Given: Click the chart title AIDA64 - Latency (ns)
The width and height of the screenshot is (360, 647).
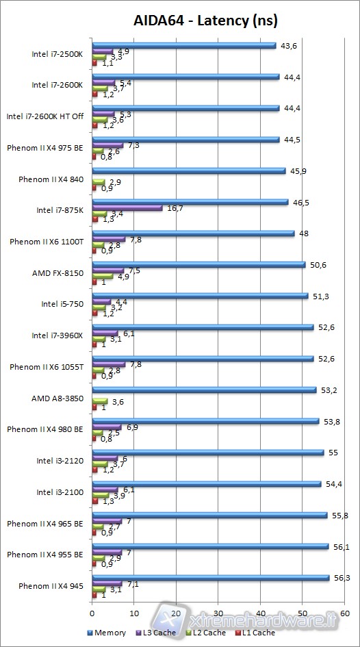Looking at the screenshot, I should [x=205, y=21].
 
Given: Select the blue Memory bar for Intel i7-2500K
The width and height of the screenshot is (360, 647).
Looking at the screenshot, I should [x=183, y=46].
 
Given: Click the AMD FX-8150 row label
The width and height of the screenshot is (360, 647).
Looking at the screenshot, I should [x=57, y=273].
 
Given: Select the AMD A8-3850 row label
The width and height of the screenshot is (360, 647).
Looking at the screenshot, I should [x=57, y=398].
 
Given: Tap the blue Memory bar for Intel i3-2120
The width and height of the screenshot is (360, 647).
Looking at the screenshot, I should [x=207, y=453].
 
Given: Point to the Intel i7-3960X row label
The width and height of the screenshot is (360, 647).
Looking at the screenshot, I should [x=57, y=335].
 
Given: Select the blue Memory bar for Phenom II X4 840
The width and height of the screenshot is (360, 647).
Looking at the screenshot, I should [x=188, y=170].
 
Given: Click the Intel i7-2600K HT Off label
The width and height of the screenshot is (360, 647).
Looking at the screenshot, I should [x=45, y=116].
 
